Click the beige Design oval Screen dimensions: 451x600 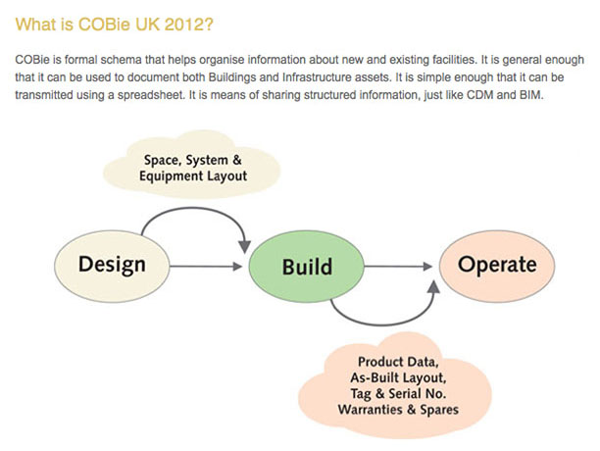[x=112, y=265]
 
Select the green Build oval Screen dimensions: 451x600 [x=307, y=266]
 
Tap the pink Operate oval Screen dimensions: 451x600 [x=498, y=265]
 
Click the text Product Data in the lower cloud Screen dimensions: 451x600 [x=396, y=362]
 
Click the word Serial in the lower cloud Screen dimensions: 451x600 [x=414, y=394]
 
